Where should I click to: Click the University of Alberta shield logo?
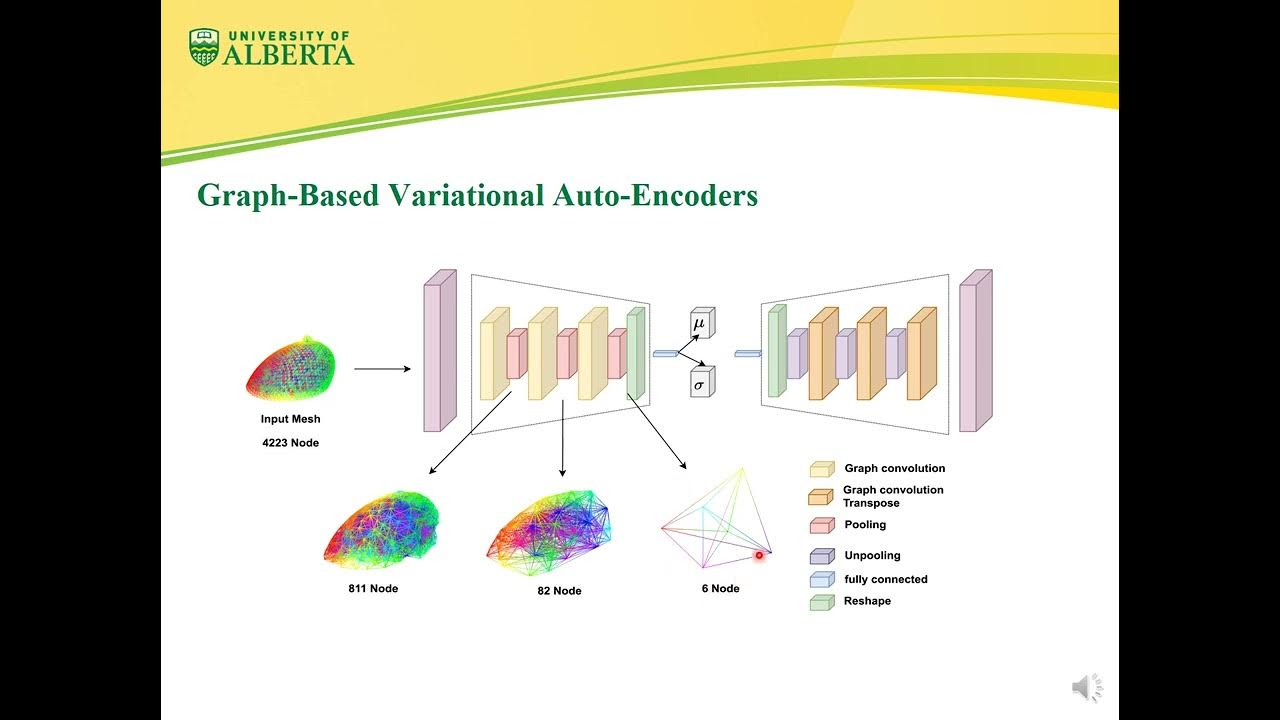point(204,47)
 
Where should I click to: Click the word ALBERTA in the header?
point(288,55)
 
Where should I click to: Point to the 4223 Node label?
point(290,442)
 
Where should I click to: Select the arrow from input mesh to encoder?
point(382,369)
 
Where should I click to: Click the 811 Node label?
point(373,588)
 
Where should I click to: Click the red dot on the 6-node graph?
point(759,554)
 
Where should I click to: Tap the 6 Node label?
point(720,588)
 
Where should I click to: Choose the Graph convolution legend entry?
point(894,468)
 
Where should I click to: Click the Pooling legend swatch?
point(821,525)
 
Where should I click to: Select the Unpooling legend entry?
point(871,555)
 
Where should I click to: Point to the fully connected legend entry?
point(885,579)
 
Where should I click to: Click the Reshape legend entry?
point(866,601)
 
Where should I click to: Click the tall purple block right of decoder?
point(974,351)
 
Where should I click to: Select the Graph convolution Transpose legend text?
point(892,496)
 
